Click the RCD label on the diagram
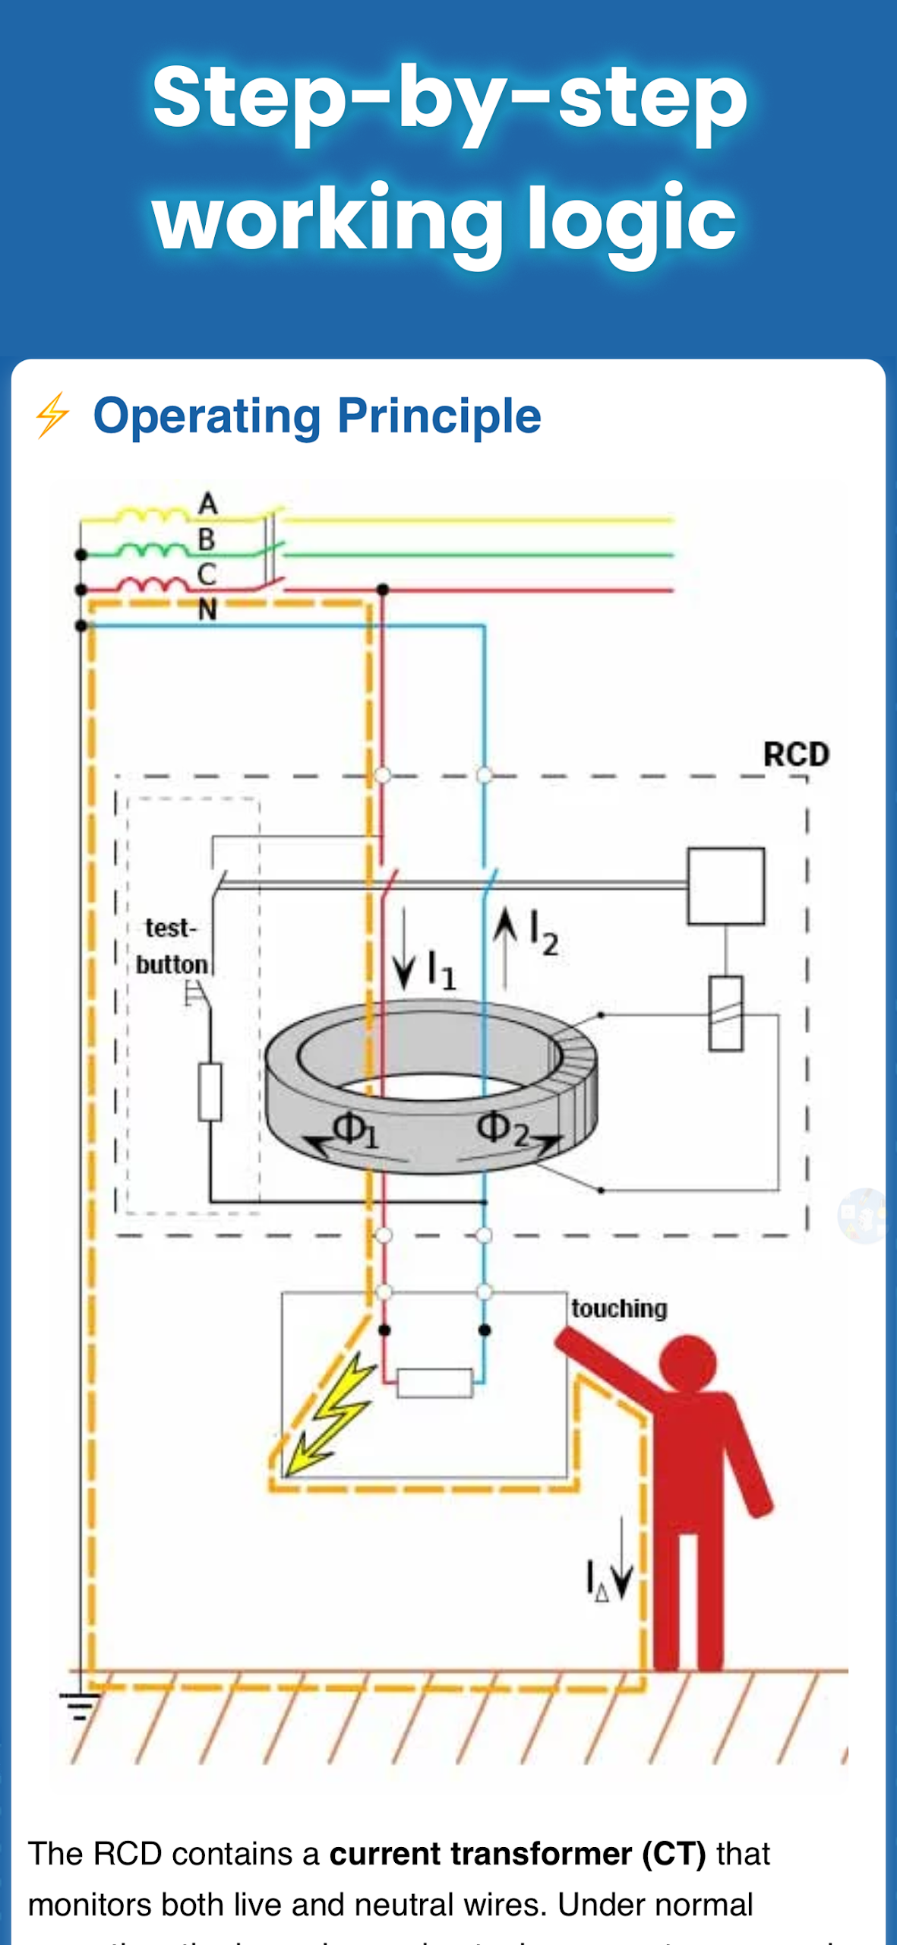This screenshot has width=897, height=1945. (795, 754)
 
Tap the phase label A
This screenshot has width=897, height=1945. (208, 504)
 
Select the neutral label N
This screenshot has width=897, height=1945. (207, 609)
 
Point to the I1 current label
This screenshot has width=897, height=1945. (441, 970)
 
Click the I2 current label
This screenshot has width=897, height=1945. (543, 932)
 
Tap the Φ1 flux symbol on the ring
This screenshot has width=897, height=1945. (354, 1130)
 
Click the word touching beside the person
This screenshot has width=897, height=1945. (619, 1308)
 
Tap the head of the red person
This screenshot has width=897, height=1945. (688, 1362)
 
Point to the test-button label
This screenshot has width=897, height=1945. (172, 946)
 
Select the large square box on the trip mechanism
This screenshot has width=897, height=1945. (725, 886)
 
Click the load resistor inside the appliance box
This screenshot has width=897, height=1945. (434, 1383)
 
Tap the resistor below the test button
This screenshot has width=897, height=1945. (210, 1092)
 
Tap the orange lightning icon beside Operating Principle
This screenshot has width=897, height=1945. (52, 415)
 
